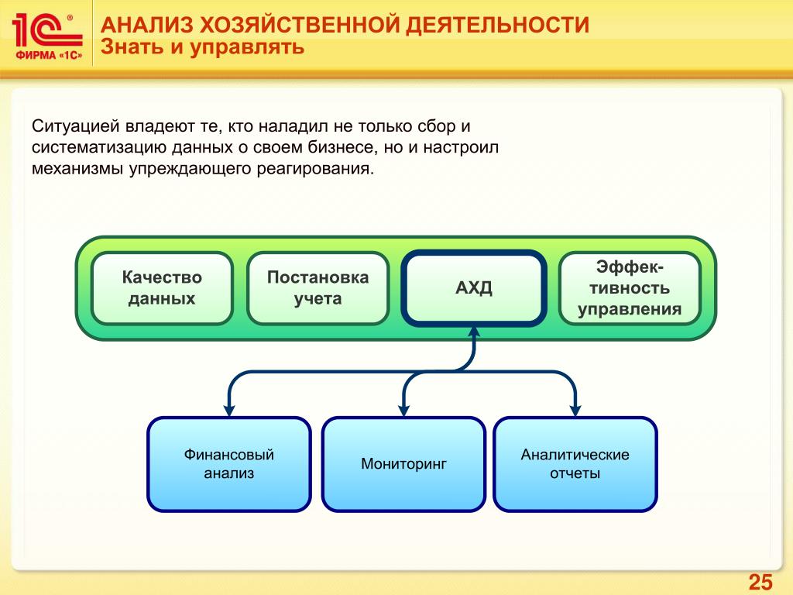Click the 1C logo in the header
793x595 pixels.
point(46,29)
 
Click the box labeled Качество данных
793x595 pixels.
point(162,287)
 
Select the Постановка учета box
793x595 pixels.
point(318,287)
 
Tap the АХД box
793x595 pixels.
point(474,288)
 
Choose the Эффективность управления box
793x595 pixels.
point(629,287)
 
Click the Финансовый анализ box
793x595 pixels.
point(229,464)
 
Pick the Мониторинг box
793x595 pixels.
point(403,464)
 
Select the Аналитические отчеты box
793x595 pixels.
point(575,464)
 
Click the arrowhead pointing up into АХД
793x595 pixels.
point(474,332)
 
